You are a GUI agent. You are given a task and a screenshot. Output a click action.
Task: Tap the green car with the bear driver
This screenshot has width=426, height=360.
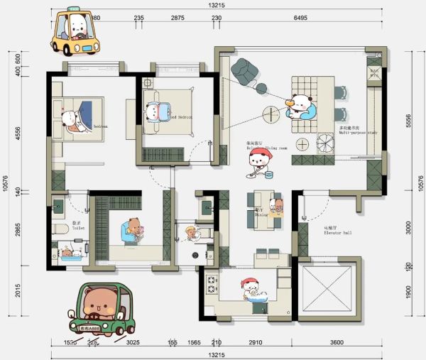click(x=101, y=310)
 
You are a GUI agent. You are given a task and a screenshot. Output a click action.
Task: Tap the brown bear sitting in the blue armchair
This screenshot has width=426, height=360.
click(x=133, y=230)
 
